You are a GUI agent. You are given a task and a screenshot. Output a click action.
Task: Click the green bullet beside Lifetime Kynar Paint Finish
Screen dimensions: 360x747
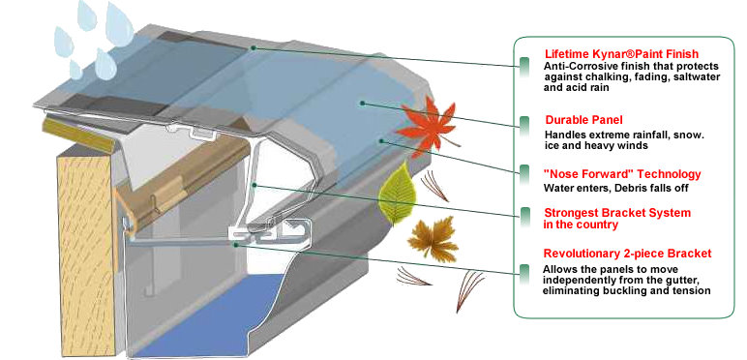(x=523, y=64)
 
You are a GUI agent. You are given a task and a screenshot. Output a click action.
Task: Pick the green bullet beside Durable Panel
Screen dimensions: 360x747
(x=523, y=123)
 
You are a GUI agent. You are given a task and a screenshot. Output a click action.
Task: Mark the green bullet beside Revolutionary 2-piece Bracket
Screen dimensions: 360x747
(x=523, y=267)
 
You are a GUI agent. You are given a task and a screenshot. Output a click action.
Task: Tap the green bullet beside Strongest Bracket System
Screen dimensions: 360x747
(x=523, y=214)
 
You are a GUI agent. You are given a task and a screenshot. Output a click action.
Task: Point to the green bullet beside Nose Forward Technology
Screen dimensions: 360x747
(x=523, y=177)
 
